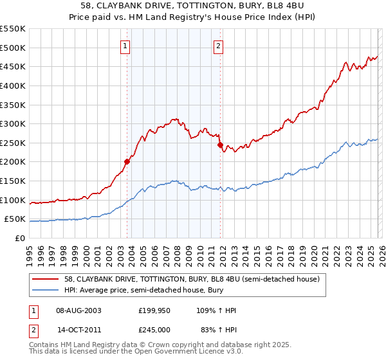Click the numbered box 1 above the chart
(125, 46)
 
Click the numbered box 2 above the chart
(219, 46)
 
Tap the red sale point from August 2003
(127, 161)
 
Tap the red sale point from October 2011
(220, 145)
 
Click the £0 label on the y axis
(19, 238)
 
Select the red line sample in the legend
(46, 279)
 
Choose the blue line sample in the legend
(46, 290)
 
